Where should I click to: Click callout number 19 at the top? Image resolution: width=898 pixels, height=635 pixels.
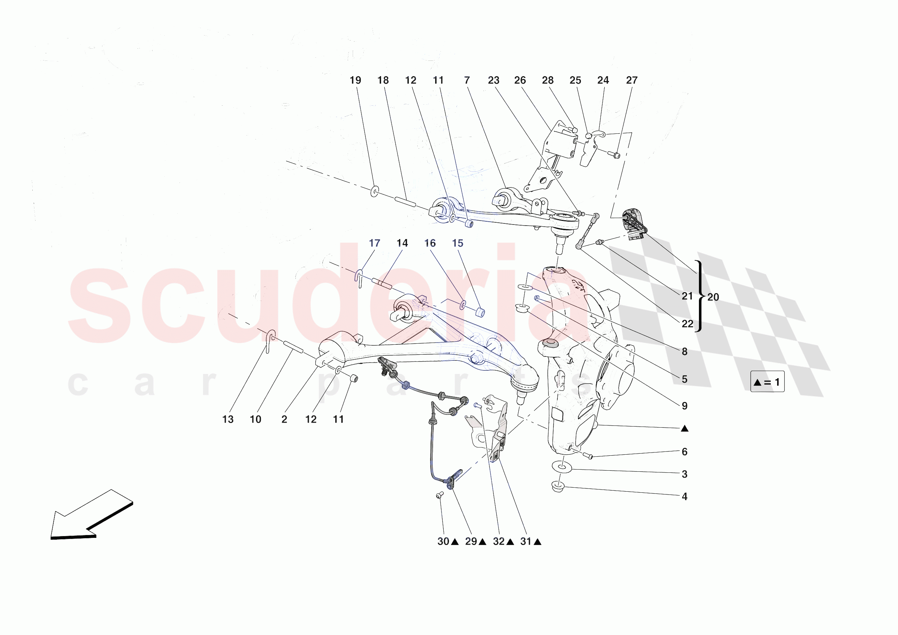tap(355, 80)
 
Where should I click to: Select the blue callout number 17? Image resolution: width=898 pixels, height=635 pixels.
tap(374, 243)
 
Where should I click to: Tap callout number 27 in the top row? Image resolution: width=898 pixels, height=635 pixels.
tap(632, 80)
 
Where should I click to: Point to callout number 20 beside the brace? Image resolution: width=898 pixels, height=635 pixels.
tap(713, 297)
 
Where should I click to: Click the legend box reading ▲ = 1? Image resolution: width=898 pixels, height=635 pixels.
tap(767, 382)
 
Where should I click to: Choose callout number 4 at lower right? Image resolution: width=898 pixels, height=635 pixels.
tap(684, 496)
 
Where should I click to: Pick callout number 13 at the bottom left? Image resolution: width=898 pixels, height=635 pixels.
tap(228, 419)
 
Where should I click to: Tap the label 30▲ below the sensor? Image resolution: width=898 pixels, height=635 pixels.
tap(448, 541)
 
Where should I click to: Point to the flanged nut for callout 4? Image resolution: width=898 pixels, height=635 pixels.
tap(558, 487)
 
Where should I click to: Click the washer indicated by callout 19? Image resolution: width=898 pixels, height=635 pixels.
tap(375, 191)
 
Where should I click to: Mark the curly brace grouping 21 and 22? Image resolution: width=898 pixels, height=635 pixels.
tap(700, 296)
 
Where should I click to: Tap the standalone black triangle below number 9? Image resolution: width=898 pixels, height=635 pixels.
tap(684, 429)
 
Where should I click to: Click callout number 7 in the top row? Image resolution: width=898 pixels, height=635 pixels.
tap(467, 80)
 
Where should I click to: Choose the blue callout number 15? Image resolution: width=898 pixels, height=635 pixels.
tap(458, 243)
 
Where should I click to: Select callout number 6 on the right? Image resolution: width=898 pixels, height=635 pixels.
tap(684, 452)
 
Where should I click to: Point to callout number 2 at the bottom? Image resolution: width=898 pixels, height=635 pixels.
tap(284, 419)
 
